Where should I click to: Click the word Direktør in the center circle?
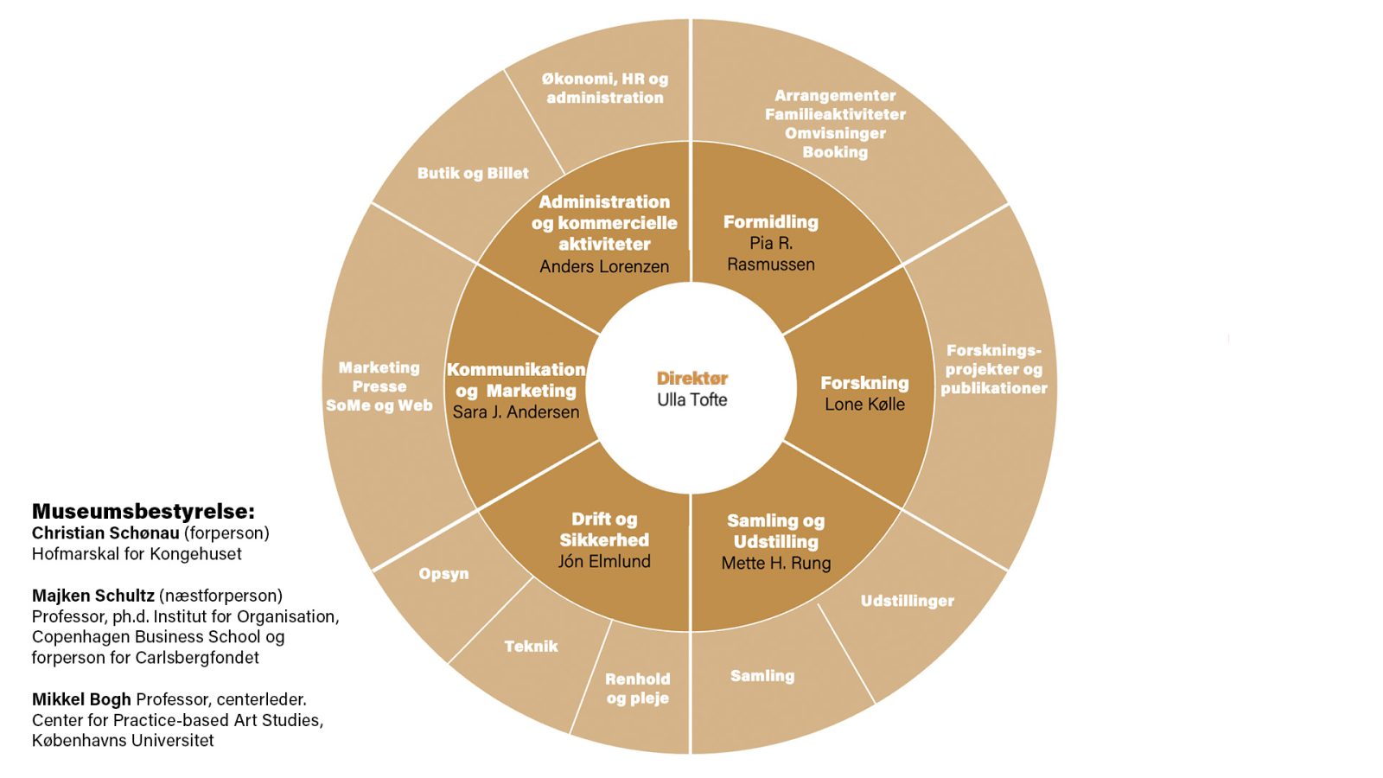691,378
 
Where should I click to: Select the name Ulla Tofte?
691,399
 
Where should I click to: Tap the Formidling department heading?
770,222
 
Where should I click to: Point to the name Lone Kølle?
864,404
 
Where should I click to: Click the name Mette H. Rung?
775,563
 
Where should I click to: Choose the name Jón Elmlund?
604,561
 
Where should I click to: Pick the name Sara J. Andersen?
516,411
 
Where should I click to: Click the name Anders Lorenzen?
604,266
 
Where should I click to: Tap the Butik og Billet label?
473,173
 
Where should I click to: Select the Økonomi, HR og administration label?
605,88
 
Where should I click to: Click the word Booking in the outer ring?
835,152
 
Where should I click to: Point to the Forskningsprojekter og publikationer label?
994,369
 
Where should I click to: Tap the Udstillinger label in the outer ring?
907,601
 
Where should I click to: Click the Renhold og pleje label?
638,688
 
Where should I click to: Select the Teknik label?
531,646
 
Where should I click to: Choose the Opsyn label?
443,573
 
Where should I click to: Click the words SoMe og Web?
379,405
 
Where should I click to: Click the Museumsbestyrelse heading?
143,511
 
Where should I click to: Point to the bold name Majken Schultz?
93,596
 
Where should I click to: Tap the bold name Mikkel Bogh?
81,699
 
